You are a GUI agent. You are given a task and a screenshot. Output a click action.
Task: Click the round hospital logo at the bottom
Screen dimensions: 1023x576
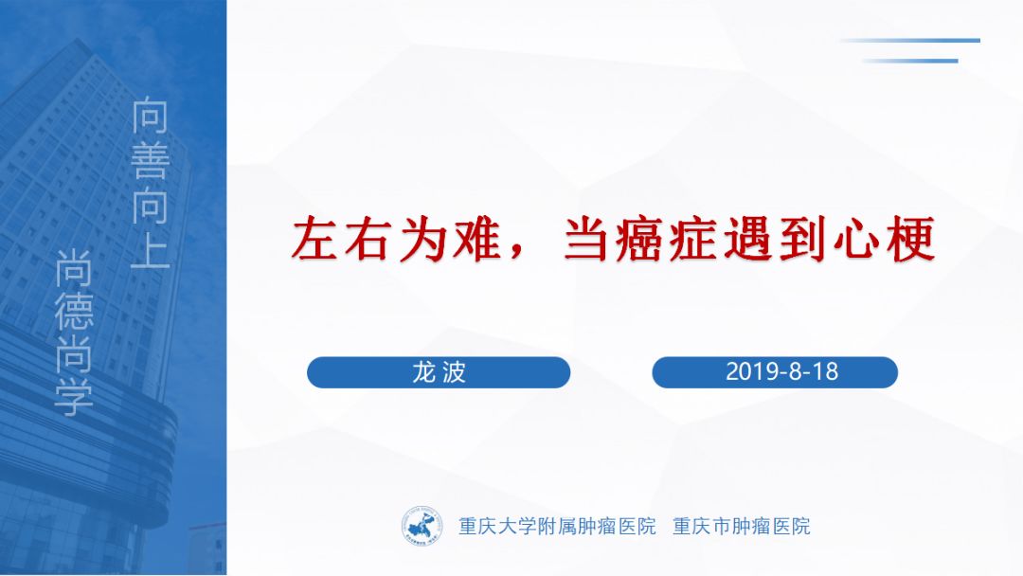(x=422, y=525)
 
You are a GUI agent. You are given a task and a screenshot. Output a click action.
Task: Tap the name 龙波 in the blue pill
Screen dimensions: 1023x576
(x=439, y=372)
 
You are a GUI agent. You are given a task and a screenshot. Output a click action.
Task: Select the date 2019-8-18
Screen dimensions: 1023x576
(x=781, y=371)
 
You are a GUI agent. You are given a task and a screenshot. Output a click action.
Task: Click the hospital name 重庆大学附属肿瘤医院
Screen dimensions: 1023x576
(x=557, y=526)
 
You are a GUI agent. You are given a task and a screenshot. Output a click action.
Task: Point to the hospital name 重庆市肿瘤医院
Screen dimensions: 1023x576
(x=741, y=526)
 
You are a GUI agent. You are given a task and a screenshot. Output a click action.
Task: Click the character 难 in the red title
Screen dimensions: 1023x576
(x=478, y=240)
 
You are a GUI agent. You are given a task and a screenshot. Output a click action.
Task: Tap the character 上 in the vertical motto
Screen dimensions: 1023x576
(x=150, y=249)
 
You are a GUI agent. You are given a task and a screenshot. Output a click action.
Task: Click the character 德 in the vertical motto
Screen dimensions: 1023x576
(x=73, y=311)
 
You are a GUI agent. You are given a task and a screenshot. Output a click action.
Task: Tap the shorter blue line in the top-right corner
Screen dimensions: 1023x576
(x=909, y=62)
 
